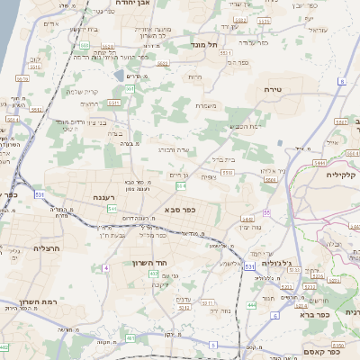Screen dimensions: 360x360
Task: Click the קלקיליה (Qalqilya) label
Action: coord(341,175)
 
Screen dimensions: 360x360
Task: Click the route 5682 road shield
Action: coord(84,44)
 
